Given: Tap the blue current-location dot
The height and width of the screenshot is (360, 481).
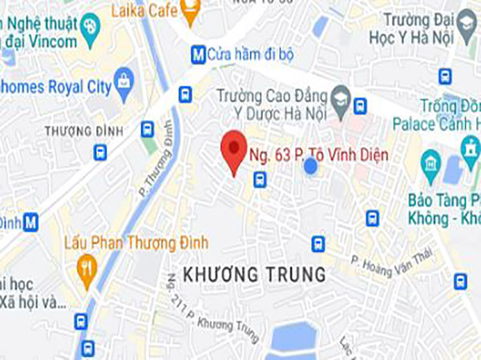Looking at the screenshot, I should click(309, 166).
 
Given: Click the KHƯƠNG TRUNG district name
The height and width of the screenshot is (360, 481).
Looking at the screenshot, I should click(255, 274).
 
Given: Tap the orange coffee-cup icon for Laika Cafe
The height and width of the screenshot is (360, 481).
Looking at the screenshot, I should click(190, 11).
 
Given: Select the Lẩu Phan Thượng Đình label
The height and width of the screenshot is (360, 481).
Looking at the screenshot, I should click(137, 242).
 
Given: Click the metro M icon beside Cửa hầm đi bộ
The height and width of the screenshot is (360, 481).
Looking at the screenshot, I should click(197, 54).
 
